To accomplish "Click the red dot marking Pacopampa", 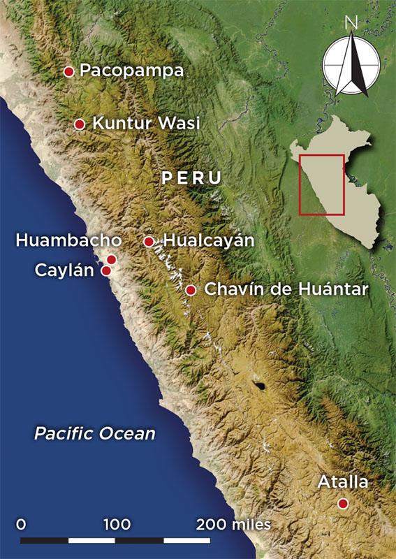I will [68, 71].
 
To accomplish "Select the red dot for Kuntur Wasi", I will [80, 124].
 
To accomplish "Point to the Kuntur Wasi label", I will [147, 124].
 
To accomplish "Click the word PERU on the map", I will [191, 178].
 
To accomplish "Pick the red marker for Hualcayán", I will [149, 242].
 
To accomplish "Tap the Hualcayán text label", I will [209, 241].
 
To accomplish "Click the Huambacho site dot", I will [111, 260].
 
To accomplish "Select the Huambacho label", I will [68, 240].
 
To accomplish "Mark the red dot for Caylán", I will [106, 270].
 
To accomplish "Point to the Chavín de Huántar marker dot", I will [191, 289].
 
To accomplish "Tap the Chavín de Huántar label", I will [286, 289].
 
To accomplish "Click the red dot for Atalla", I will [342, 503].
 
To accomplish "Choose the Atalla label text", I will [342, 482].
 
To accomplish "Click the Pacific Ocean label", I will [95, 433].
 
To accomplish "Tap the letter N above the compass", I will [351, 22].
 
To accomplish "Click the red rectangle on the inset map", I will [322, 184].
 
